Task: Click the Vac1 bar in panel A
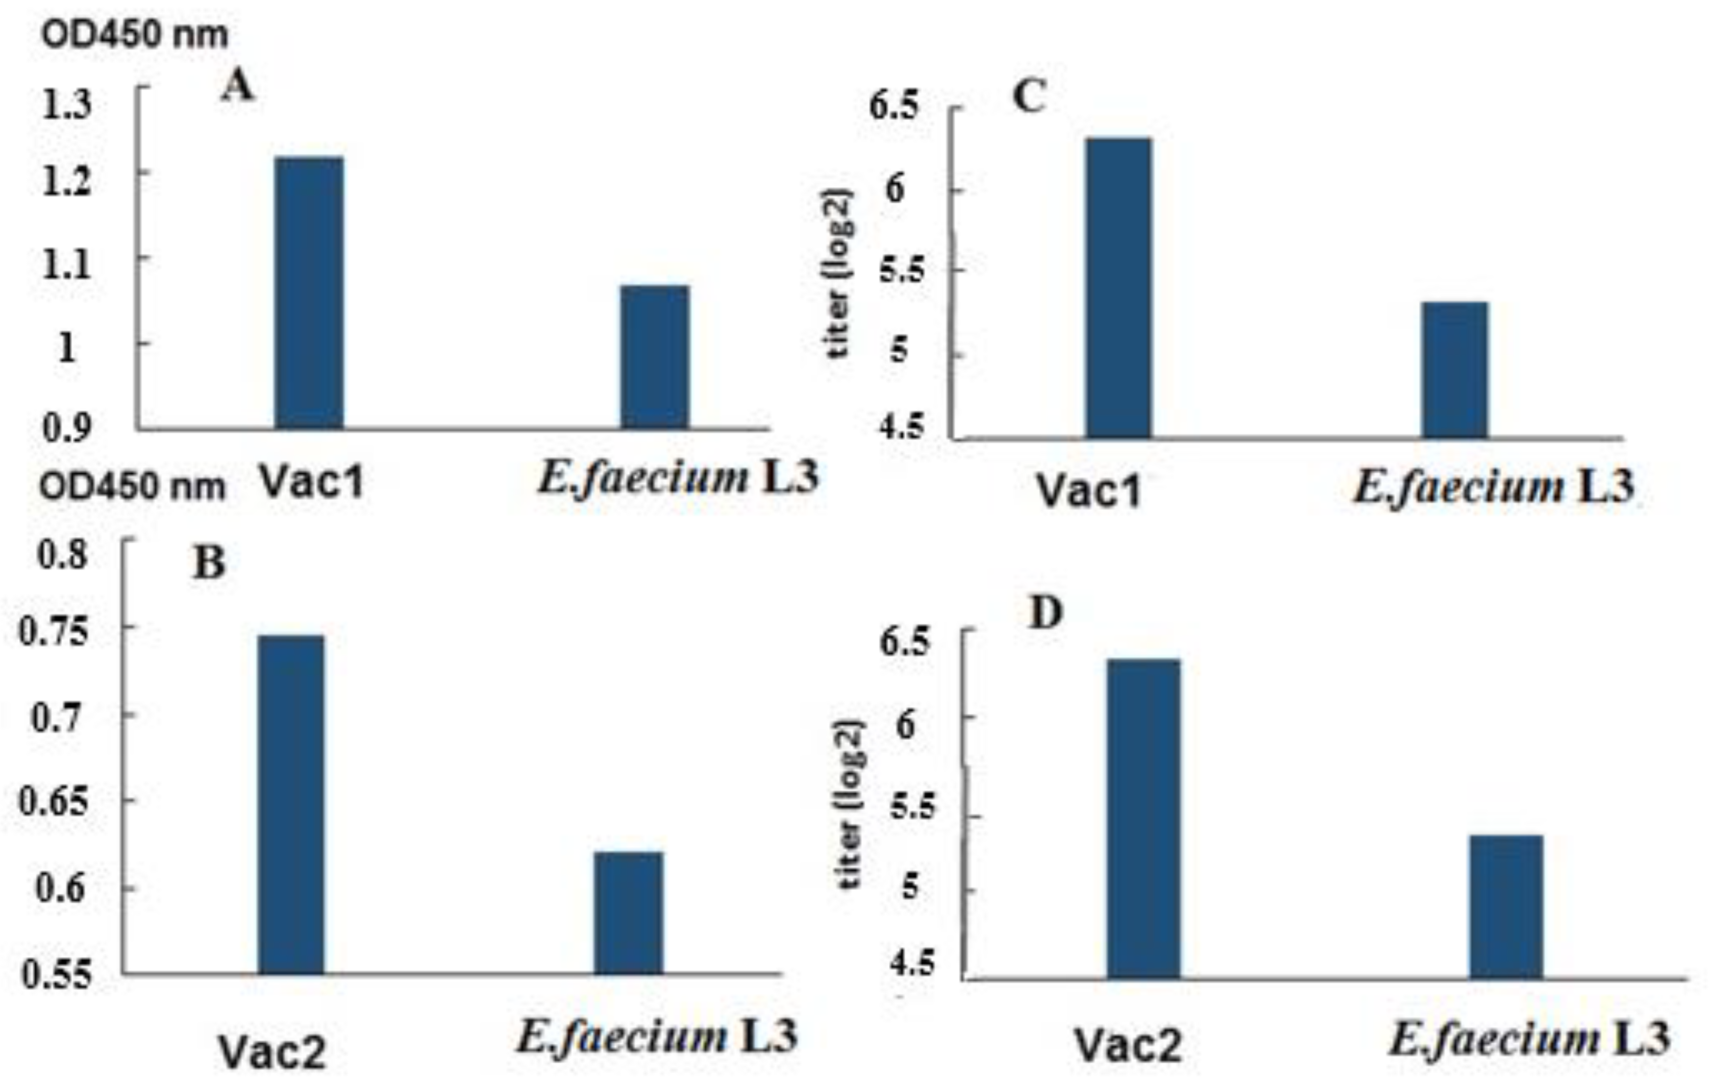click(x=309, y=293)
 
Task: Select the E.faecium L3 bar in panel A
click(x=654, y=357)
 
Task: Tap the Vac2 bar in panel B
click(x=291, y=804)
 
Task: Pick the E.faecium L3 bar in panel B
click(x=628, y=912)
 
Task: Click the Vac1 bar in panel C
click(x=1118, y=288)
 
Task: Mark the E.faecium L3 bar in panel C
click(x=1455, y=369)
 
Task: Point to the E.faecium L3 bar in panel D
click(x=1506, y=907)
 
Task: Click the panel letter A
click(x=237, y=87)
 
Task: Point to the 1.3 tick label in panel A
click(x=67, y=104)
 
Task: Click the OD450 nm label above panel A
click(x=134, y=34)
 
